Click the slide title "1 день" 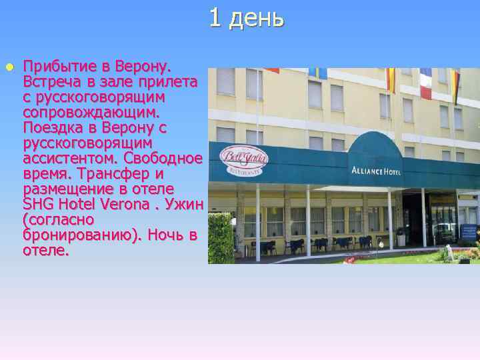[246, 18]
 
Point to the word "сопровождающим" [93, 112]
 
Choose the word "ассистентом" [63, 158]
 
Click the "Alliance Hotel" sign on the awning [376, 171]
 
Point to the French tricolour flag [425, 83]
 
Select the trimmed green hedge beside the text [221, 237]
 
